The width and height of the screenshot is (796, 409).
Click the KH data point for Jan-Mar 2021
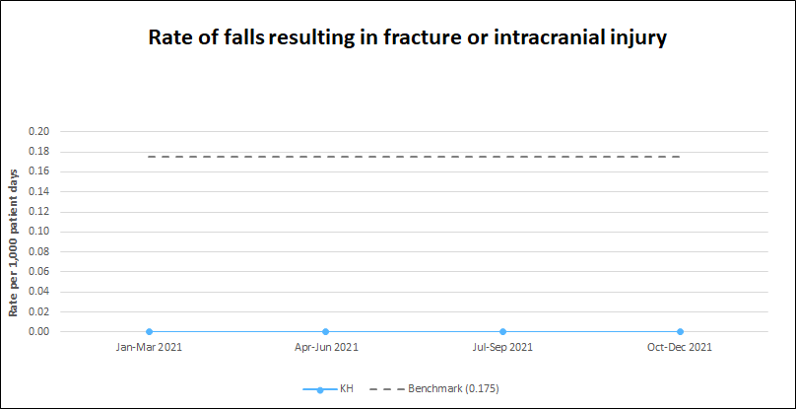149,332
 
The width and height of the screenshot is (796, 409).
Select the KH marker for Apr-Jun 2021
326,332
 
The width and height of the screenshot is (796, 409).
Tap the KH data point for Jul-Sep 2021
503,332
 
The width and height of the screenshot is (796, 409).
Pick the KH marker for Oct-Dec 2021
681,332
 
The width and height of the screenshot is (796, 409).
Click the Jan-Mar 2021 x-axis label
149,348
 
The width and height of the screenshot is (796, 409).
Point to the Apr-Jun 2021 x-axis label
326,348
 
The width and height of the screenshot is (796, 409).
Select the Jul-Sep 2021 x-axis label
503,348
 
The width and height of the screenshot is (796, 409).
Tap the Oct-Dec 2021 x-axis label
681,348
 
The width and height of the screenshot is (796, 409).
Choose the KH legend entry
328,389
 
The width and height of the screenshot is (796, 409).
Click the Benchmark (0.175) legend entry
434,389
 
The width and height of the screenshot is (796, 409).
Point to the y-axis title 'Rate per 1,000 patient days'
14,241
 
